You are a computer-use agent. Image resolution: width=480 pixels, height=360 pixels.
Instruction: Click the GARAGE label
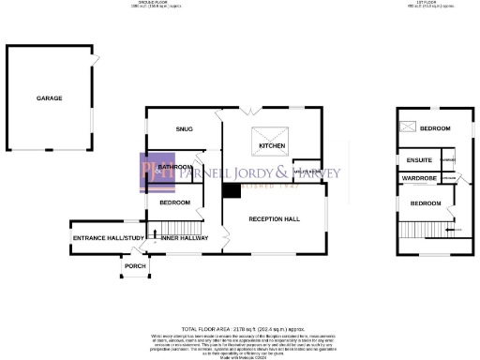[x=50, y=98]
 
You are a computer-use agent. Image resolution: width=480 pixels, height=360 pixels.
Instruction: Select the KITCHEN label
[x=272, y=146]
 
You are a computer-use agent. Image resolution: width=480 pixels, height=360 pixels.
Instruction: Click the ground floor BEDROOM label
[x=174, y=202]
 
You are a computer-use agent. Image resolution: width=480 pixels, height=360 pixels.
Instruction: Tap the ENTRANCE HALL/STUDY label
[x=105, y=239]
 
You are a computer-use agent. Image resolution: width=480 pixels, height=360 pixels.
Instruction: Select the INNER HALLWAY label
[x=184, y=239]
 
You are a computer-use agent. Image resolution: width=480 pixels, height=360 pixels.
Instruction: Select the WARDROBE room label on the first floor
[x=420, y=177]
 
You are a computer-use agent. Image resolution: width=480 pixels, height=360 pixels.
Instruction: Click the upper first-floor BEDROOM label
[x=435, y=128]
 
